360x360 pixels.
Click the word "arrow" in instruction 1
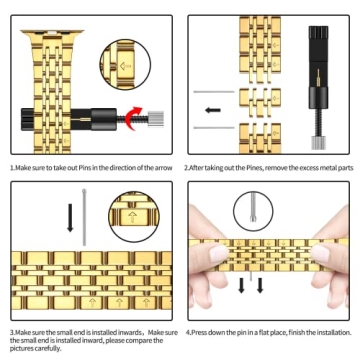tap(163, 168)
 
